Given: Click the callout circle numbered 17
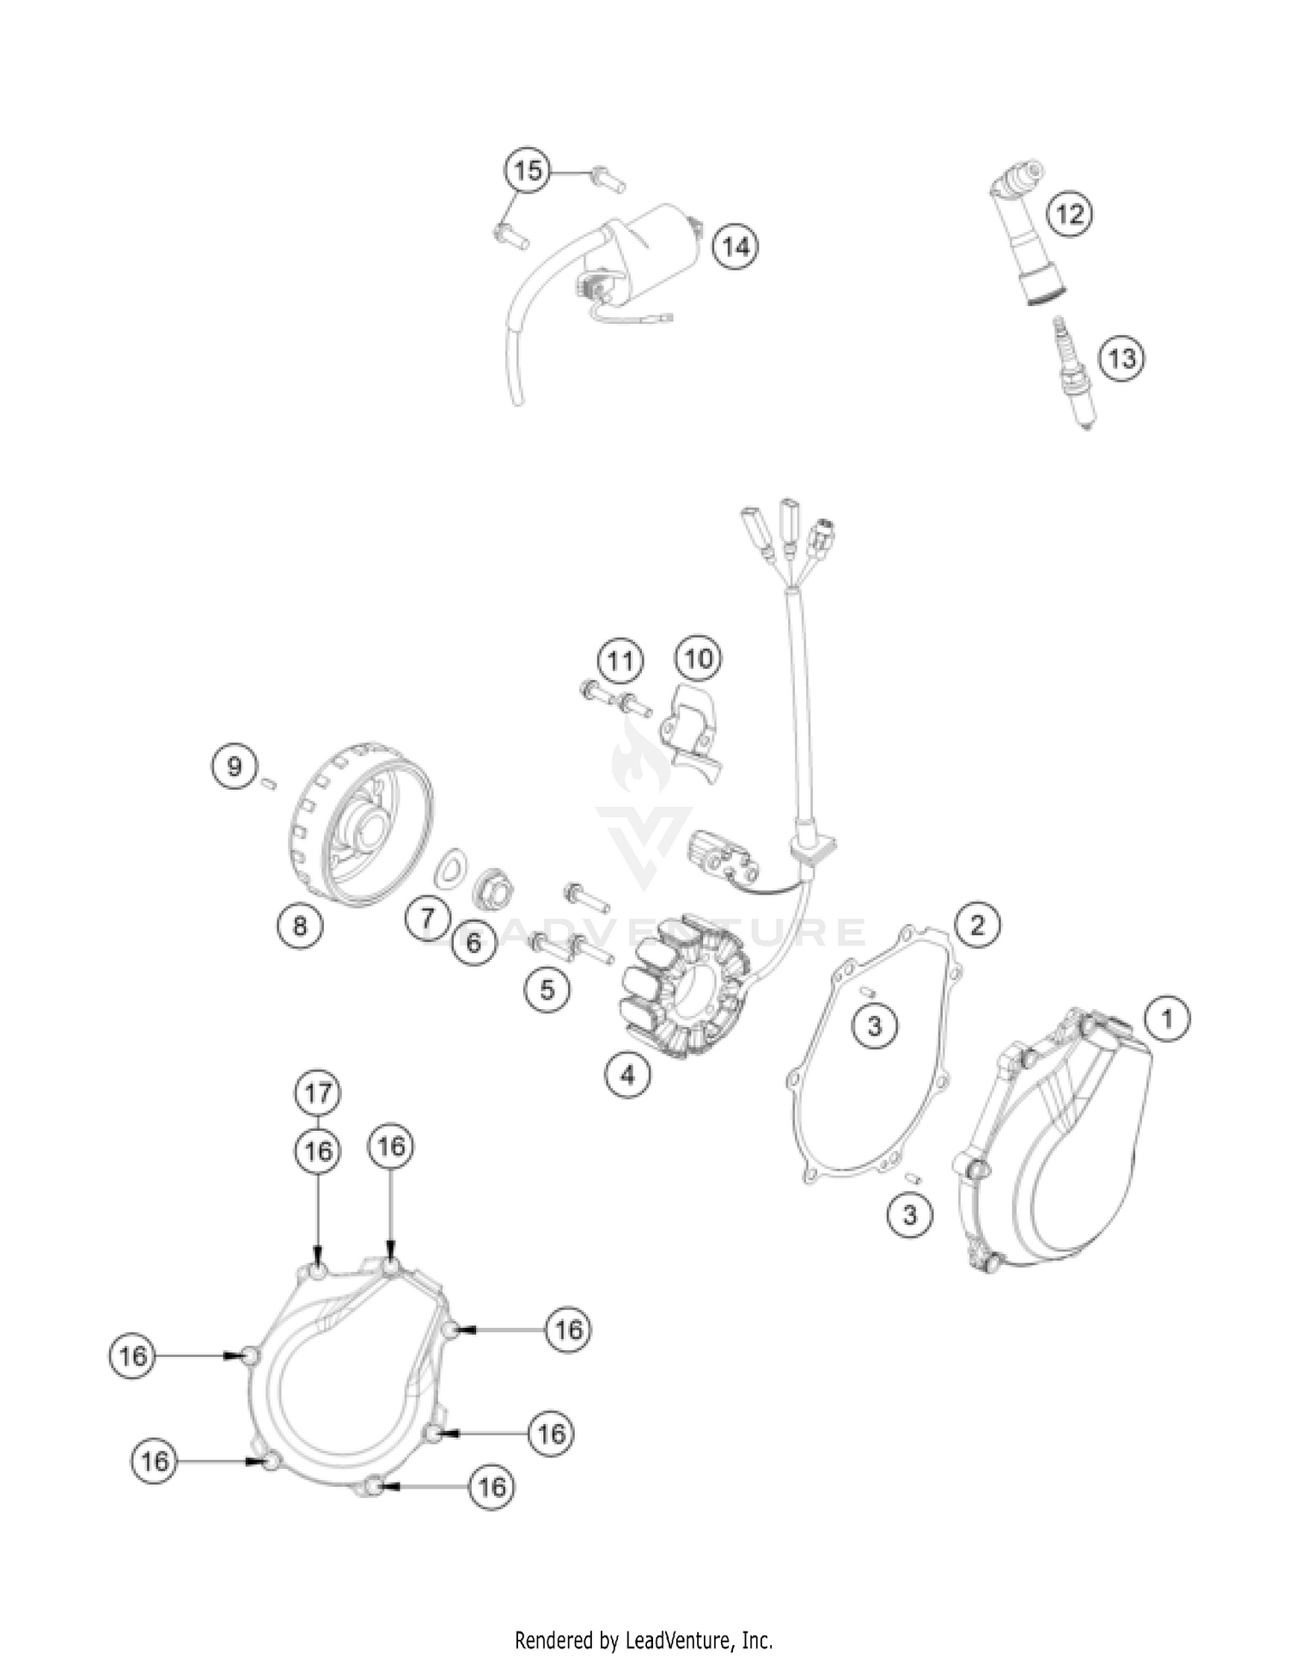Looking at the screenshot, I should pyautogui.click(x=318, y=1093).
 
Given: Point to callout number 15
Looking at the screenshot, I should pyautogui.click(x=528, y=170).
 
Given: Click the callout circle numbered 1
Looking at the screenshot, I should pyautogui.click(x=1166, y=1019).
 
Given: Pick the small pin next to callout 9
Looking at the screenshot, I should pyautogui.click(x=268, y=782).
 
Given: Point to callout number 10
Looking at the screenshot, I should pyautogui.click(x=699, y=659).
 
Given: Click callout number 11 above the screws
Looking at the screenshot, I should pyautogui.click(x=620, y=661).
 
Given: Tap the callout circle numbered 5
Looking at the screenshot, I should pyautogui.click(x=547, y=990).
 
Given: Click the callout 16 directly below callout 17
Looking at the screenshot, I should pyautogui.click(x=318, y=1151).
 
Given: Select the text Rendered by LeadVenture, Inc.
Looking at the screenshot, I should pyautogui.click(x=644, y=1640).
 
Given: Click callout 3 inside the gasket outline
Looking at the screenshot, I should pyautogui.click(x=875, y=1025).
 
